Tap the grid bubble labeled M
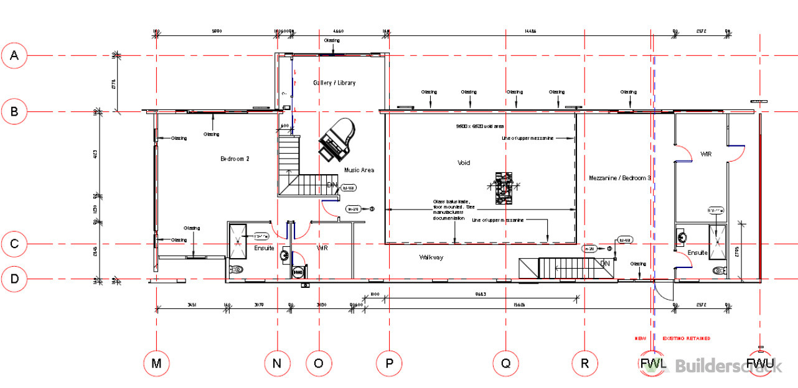coord(157,364)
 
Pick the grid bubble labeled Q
coord(505,364)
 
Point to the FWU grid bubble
coord(760,364)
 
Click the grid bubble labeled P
coord(390,364)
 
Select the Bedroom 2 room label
coord(235,159)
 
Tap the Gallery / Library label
coord(334,83)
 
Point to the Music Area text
coord(359,170)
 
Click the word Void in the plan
coord(464,163)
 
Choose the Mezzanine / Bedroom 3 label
coord(619,178)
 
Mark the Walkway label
coord(431,257)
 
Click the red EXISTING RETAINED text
coord(686,338)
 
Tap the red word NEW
coord(640,338)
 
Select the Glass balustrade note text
coord(454,210)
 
